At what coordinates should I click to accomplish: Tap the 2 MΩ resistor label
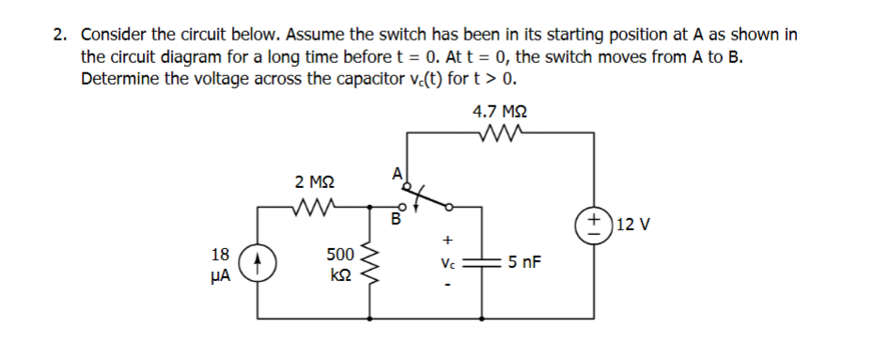312,180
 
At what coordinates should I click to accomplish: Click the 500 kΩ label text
338,264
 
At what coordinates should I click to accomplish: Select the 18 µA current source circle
260,264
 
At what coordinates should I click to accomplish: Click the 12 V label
636,226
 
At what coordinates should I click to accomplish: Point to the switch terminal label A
396,172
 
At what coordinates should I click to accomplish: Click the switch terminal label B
396,223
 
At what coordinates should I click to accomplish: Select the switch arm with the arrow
429,196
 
